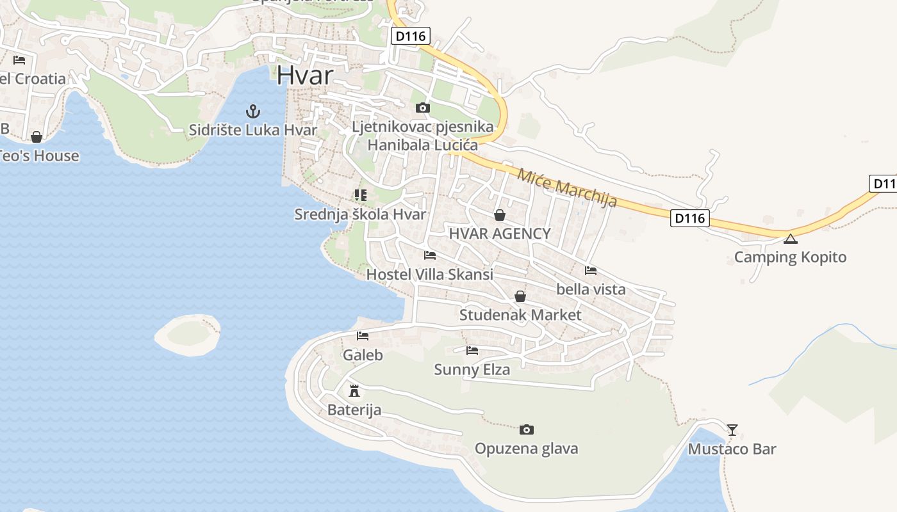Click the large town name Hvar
(x=305, y=76)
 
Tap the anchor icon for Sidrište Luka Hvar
(x=253, y=111)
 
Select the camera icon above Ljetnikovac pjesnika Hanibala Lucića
(x=423, y=108)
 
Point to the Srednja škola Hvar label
(x=360, y=214)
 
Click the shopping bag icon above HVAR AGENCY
(x=500, y=215)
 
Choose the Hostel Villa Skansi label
(x=429, y=275)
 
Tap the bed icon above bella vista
(x=591, y=271)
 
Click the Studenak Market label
(x=520, y=315)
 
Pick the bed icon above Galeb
(x=363, y=336)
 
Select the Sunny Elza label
(x=472, y=370)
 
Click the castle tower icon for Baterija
(x=354, y=390)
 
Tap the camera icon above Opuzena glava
(x=527, y=429)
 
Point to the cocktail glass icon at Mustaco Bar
(x=732, y=429)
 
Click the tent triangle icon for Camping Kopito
(x=790, y=239)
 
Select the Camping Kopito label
(x=790, y=257)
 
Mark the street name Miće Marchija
(x=567, y=188)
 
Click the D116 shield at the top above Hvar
(x=411, y=36)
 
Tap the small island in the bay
(x=188, y=334)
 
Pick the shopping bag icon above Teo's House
(x=37, y=137)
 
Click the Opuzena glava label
(x=526, y=449)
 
